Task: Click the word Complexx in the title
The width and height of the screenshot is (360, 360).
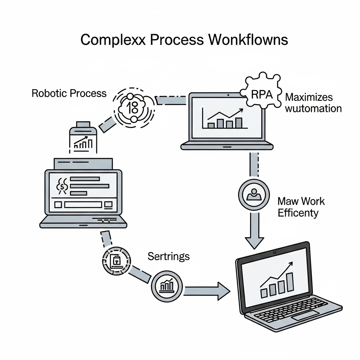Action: point(112,40)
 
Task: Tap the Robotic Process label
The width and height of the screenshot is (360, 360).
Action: point(69,93)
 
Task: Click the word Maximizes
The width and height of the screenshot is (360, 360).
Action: point(309,97)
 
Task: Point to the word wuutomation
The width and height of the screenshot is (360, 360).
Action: point(313,108)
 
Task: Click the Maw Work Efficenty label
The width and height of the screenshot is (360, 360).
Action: point(301,207)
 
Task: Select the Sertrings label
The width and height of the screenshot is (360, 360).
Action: point(168,256)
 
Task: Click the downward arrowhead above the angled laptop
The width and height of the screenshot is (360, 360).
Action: point(254,242)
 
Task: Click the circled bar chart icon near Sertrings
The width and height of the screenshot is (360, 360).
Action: point(167,285)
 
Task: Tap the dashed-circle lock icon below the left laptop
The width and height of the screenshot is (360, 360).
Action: point(116,261)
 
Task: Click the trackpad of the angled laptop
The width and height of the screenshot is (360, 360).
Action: point(305,315)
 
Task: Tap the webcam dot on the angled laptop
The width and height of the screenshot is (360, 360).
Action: point(275,253)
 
